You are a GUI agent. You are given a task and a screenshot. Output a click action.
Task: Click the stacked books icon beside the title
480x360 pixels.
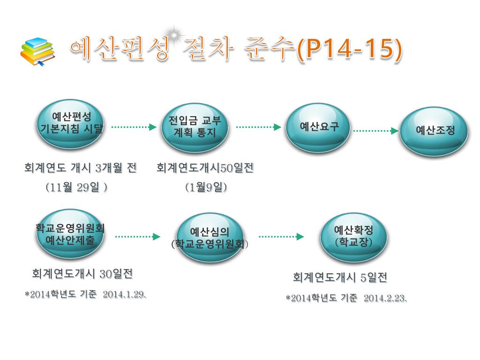37,52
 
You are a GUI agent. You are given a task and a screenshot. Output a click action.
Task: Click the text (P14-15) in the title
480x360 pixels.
350,50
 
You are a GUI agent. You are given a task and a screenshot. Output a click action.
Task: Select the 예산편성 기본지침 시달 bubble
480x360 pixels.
70,123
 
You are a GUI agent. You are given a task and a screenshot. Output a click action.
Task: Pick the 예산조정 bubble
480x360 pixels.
435,131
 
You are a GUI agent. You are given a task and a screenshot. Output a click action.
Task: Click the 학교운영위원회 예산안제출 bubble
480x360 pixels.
70,234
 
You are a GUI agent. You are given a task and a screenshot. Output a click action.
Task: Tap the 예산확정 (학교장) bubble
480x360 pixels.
353,237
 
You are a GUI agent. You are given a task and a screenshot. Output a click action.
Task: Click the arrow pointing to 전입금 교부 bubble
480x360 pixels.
133,127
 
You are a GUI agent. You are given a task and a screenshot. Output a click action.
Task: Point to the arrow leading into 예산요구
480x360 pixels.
258,127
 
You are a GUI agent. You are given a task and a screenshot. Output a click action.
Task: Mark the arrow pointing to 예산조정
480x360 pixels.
375,131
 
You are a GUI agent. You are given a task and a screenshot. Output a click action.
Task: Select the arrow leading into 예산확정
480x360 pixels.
281,237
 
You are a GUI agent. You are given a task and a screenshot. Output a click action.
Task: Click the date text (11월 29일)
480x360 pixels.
77,187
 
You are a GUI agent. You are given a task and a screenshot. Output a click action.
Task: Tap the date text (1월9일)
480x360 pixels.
206,187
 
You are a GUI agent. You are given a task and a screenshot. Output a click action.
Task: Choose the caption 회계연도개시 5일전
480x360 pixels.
340,277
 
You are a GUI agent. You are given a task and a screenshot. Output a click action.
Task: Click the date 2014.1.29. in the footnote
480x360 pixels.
124,294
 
